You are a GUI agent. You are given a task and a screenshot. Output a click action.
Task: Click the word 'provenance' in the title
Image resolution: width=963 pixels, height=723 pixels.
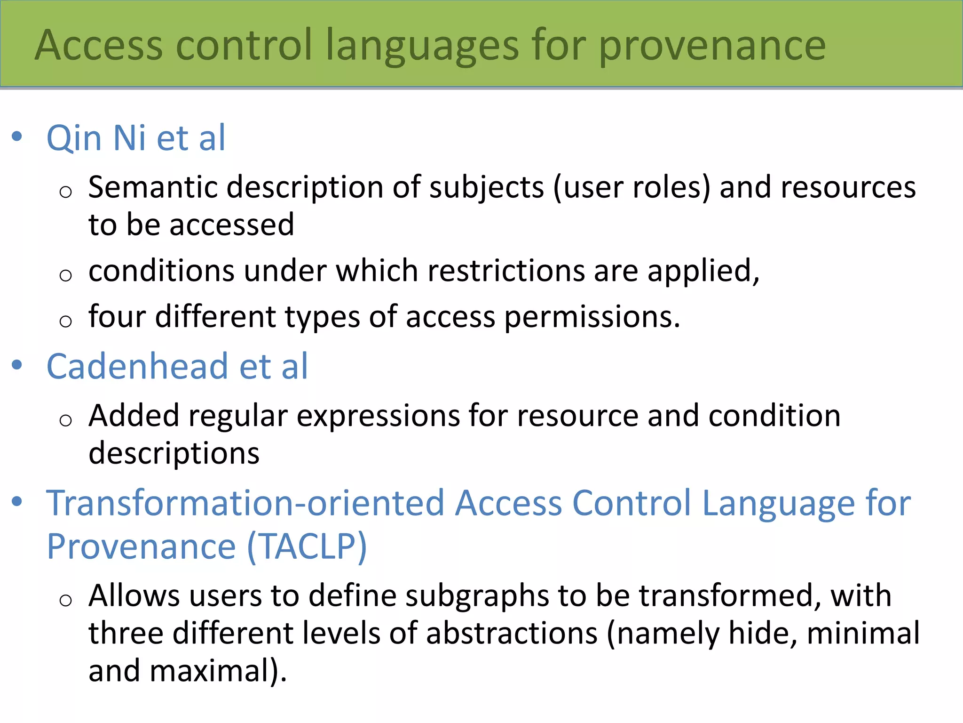pos(712,46)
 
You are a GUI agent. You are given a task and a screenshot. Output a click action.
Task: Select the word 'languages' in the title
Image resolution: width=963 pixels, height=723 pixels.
pos(422,46)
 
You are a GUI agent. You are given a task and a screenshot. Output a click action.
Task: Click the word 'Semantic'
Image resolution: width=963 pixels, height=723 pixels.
pos(153,187)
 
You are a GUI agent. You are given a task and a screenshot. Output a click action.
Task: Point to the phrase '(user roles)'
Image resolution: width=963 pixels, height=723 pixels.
pos(631,187)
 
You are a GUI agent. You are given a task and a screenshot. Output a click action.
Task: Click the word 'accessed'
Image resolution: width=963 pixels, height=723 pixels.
pos(232,225)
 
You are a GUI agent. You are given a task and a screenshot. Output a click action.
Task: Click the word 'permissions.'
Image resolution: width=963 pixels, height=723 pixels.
pos(592,317)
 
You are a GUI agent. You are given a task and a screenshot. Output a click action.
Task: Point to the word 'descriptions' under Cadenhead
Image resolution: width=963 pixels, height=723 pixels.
pos(174,453)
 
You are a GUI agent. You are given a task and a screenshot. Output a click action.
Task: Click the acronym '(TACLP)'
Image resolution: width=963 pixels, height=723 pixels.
pos(307,546)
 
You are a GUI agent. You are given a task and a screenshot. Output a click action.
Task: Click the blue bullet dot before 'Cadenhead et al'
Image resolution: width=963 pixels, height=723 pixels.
pos(17,365)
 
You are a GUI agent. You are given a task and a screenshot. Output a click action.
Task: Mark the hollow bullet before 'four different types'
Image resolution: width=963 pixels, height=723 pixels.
pos(66,321)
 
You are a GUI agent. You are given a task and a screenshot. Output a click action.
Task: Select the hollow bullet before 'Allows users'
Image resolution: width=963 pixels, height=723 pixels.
pos(66,600)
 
